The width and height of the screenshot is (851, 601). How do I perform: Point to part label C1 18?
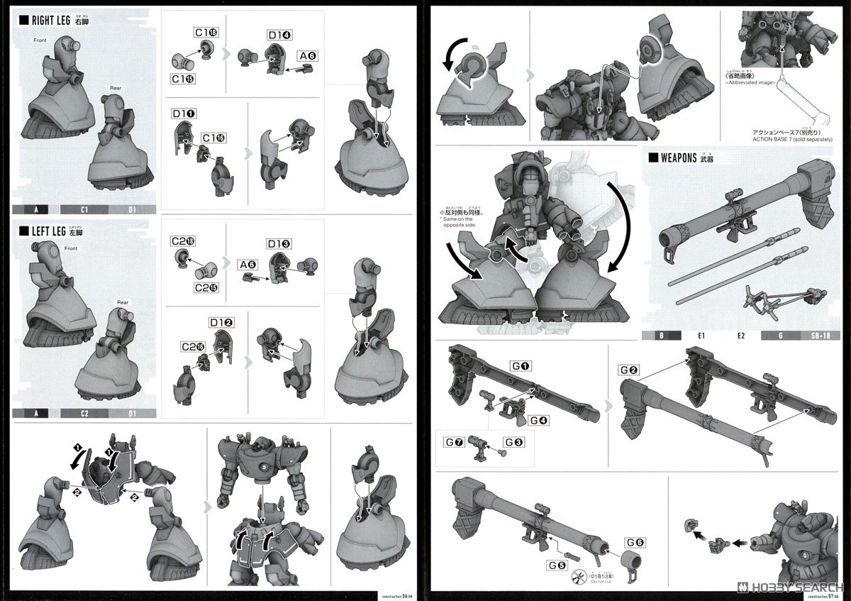205,33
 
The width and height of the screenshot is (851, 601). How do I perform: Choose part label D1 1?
184,114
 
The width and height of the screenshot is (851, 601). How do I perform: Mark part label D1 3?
279,244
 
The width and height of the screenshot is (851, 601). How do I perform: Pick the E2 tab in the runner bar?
741,336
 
